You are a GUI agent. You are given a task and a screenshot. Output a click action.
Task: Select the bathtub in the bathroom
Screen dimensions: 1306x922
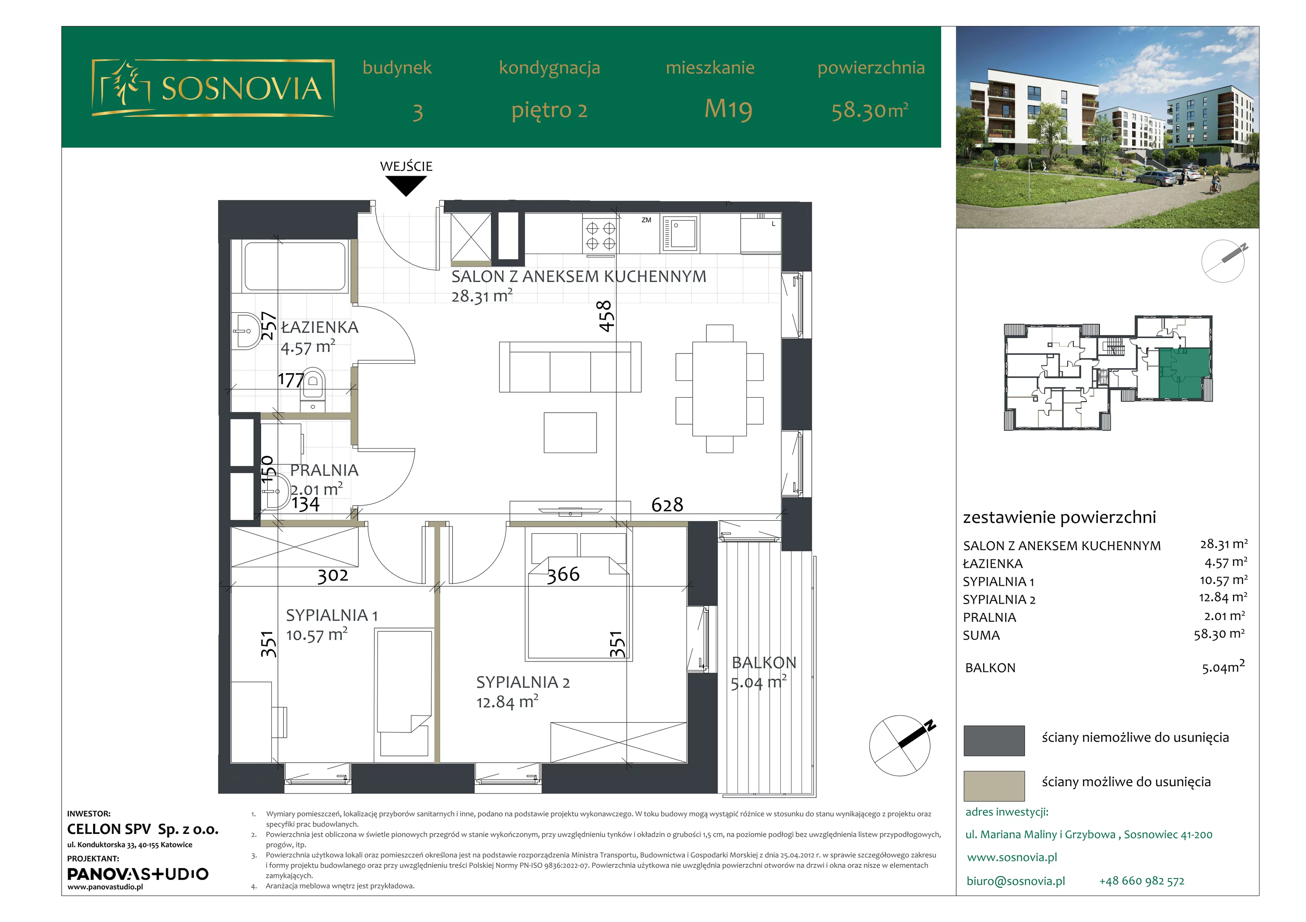click(x=295, y=266)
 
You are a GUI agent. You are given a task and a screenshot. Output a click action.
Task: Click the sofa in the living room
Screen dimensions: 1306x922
click(x=570, y=367)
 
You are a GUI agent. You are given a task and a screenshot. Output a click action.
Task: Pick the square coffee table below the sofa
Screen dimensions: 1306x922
click(x=570, y=433)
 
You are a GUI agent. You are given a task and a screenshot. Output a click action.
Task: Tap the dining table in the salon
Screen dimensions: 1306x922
click(x=720, y=389)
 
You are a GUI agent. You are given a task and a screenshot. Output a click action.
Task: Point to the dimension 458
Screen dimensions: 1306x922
click(x=605, y=316)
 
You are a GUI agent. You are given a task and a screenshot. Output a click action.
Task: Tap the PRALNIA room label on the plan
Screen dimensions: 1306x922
click(x=324, y=470)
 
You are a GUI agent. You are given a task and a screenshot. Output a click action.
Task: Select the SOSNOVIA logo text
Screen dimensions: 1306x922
click(x=242, y=88)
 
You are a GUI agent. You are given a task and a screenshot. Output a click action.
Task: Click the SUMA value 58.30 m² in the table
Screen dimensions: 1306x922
click(x=1219, y=634)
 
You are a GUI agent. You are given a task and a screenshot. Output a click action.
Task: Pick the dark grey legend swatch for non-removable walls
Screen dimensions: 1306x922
click(x=994, y=740)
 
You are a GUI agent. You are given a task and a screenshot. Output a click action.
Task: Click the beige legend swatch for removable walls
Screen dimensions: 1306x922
click(x=994, y=785)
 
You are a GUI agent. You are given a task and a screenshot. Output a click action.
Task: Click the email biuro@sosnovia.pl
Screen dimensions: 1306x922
click(x=1015, y=881)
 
